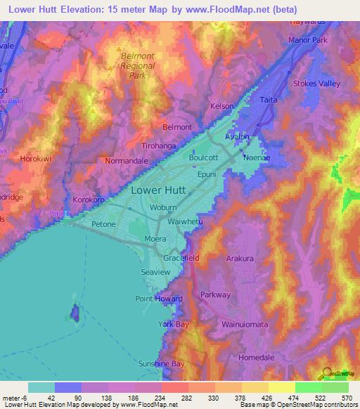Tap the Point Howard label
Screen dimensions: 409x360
click(158, 299)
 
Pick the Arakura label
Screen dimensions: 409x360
click(240, 259)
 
